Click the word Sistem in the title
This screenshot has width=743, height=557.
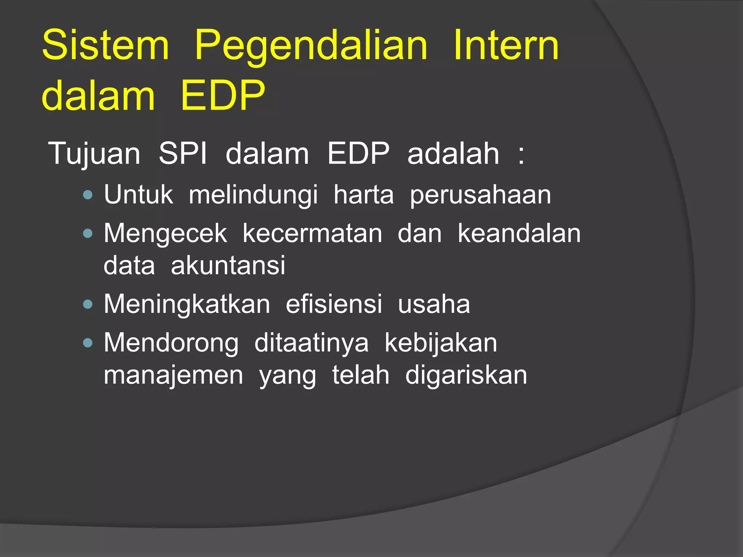[106, 45]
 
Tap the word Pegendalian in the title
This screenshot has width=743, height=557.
[311, 47]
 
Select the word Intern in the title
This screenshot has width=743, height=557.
[506, 45]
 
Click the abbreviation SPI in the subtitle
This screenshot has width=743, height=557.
[182, 153]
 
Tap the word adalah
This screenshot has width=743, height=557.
[453, 153]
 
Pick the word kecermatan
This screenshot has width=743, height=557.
[312, 233]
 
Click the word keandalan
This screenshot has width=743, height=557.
[519, 233]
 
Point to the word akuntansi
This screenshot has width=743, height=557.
[228, 265]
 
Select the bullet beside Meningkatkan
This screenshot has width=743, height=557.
[88, 304]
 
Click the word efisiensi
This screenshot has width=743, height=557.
[334, 304]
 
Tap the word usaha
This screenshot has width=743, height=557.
[434, 304]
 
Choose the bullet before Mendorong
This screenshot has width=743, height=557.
[88, 343]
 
